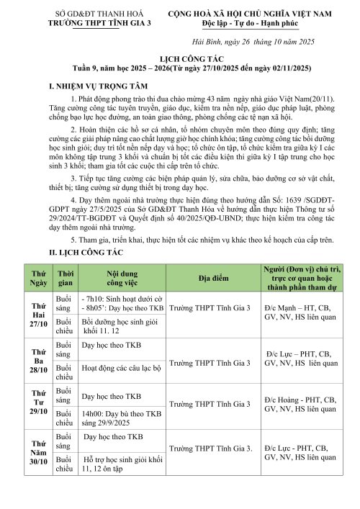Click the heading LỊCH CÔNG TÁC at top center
179,63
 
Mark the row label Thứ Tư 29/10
37,406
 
